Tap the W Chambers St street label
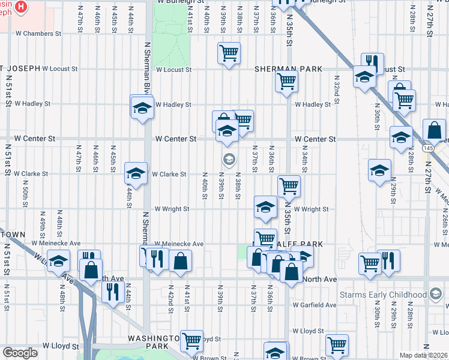[x=38, y=34]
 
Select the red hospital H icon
[x=20, y=7]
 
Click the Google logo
[x=20, y=353]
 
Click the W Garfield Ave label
[x=315, y=305]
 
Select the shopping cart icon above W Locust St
[x=229, y=53]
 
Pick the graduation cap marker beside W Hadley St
[x=142, y=108]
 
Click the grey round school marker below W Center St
[x=228, y=159]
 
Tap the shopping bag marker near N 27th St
[x=434, y=130]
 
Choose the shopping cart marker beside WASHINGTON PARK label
[x=192, y=341]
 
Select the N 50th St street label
[x=26, y=190]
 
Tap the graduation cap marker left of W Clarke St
[x=136, y=173]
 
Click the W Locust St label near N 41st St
[x=173, y=69]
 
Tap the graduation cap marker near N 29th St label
[x=379, y=170]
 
